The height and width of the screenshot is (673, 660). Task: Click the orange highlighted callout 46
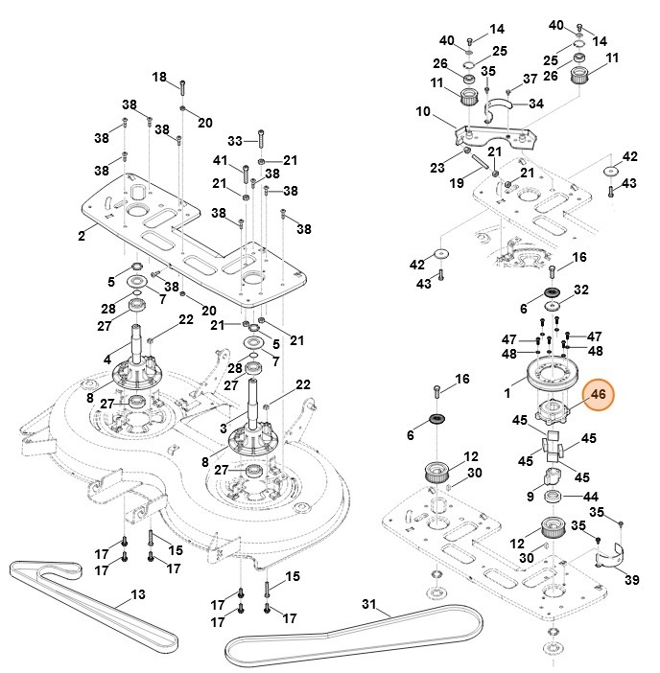coord(600,395)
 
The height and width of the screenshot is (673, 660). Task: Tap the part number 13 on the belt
coord(138,595)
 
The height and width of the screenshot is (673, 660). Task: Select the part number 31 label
coord(370,606)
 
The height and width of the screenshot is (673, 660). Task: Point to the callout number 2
coord(82,234)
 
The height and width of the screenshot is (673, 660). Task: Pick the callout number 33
coord(235,140)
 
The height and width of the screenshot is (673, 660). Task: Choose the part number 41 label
coord(221,160)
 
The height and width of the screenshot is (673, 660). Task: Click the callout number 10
coord(423,111)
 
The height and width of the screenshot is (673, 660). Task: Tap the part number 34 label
coord(535,104)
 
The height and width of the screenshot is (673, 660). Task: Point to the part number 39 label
coord(631,579)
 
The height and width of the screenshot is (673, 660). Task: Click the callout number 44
coord(591,497)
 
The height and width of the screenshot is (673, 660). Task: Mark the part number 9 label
coord(530,496)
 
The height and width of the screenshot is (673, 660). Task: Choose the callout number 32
coord(580,290)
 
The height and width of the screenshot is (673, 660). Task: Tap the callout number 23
coord(437,167)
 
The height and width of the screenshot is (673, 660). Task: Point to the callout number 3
coord(224,428)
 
